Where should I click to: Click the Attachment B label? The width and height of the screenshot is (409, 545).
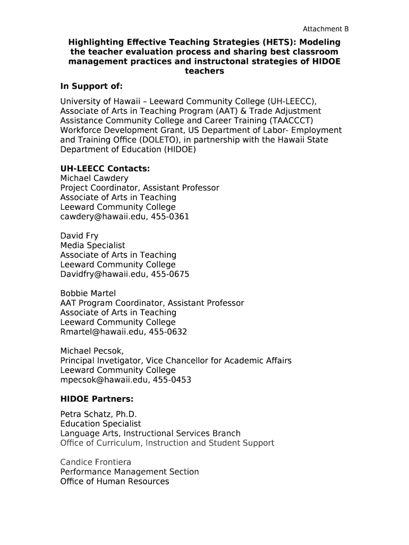click(x=326, y=29)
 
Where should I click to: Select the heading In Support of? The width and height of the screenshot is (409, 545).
click(x=91, y=86)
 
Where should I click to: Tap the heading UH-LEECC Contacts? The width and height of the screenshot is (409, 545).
click(x=105, y=169)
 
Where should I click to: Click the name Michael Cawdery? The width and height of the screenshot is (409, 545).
click(x=94, y=178)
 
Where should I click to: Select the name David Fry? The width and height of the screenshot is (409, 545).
click(x=79, y=236)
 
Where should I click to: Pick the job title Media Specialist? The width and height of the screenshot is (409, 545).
click(x=93, y=245)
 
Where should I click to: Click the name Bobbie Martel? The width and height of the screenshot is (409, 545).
click(x=88, y=293)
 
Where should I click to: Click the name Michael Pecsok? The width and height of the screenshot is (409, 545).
click(x=91, y=351)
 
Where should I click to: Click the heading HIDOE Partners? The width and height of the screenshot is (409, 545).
click(x=97, y=399)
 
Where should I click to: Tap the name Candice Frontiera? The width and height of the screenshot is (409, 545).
click(x=96, y=462)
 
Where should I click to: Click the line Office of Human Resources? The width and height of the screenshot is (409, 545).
click(x=115, y=481)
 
